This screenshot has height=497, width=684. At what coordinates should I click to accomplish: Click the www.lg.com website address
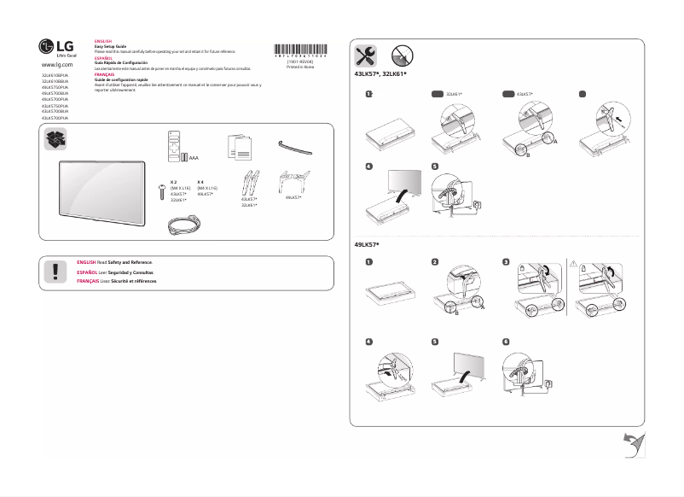pyautogui.click(x=57, y=65)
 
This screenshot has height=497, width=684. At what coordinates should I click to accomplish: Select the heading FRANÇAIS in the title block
pyautogui.click(x=103, y=74)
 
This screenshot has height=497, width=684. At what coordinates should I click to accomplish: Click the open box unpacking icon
pyautogui.click(x=55, y=139)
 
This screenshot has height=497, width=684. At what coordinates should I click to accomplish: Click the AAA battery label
pyautogui.click(x=194, y=159)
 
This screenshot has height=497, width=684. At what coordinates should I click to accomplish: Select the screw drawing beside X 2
pyautogui.click(x=162, y=192)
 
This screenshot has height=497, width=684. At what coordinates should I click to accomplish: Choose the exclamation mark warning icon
pyautogui.click(x=56, y=272)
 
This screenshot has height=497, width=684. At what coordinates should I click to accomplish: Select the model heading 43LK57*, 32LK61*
pyautogui.click(x=380, y=75)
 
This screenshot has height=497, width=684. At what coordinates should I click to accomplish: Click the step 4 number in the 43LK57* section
pyautogui.click(x=368, y=166)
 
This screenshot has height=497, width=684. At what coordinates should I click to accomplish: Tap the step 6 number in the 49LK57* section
pyautogui.click(x=507, y=341)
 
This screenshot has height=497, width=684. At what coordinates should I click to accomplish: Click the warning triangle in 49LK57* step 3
pyautogui.click(x=572, y=264)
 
